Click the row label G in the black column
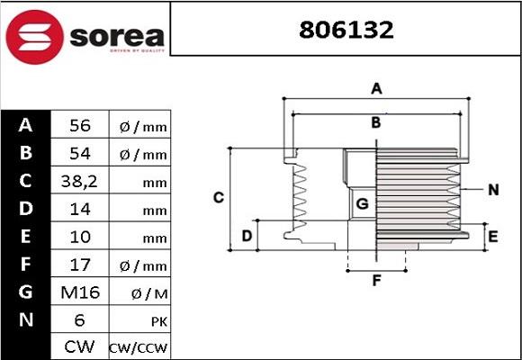26,292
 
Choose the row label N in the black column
26,320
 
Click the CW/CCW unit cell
139,347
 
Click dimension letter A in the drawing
377,88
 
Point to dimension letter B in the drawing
377,122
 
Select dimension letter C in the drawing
218,197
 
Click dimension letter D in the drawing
246,237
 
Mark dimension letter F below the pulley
377,280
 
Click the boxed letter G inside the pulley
362,204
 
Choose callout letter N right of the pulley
492,190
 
